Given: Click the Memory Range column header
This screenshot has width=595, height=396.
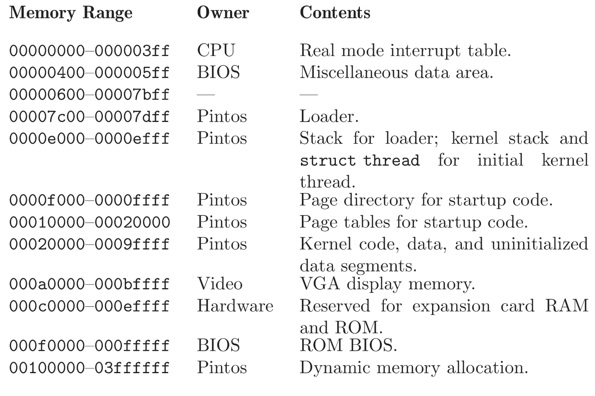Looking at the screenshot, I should point(71,13).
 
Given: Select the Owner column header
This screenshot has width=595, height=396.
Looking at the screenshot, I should point(223,13).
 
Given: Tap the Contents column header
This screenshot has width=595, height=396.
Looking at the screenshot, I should point(335,13).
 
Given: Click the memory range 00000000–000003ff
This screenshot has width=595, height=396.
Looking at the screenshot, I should point(90,51).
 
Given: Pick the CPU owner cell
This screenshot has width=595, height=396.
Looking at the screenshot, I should point(216,51).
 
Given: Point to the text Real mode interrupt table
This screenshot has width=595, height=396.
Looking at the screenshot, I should point(405,51).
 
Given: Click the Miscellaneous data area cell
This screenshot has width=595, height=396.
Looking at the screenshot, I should point(396,73).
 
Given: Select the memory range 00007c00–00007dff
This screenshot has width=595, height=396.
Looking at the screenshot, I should point(90,117).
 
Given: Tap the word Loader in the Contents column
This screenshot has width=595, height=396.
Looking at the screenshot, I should point(328,116).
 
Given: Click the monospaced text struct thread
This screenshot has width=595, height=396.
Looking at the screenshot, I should point(359,161).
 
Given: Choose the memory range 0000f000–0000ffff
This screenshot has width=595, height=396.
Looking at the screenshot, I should point(90,200).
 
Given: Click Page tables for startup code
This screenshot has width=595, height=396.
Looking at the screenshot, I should point(413,222).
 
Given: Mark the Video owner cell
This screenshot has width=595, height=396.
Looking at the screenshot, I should point(219,284).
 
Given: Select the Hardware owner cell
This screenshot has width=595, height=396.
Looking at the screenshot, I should point(235,306).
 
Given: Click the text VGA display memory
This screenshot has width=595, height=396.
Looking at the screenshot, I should point(387,284).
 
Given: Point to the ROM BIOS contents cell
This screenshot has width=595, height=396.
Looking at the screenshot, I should point(348,345).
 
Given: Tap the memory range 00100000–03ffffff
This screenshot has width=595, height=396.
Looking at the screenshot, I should point(90,368).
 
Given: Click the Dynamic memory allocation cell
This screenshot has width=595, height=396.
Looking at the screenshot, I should point(413,368).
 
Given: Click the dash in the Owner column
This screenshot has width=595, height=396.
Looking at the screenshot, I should point(206,95).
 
